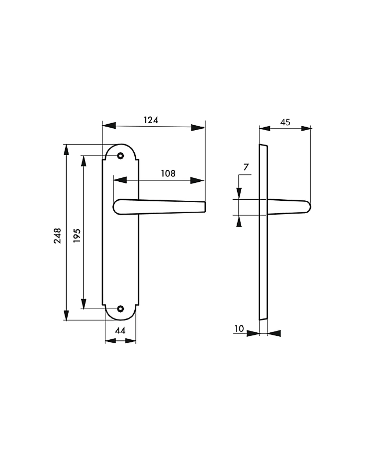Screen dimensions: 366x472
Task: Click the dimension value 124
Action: [151, 120]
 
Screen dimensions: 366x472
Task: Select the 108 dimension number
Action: [168, 173]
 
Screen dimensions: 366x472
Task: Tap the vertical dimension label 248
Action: [57, 236]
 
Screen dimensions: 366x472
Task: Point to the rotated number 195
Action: [77, 236]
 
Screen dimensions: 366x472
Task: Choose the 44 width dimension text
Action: [120, 331]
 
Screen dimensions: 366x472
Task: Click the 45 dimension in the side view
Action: [285, 122]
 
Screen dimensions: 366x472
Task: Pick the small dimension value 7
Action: [246, 167]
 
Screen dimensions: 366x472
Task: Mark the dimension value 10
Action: [239, 329]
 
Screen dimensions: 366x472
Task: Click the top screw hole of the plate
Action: [120, 156]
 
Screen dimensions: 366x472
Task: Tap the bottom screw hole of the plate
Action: [120, 309]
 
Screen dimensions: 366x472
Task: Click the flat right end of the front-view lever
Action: [205, 207]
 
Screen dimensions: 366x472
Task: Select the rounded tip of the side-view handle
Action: [309, 207]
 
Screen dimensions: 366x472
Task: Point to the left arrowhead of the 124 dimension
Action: [109, 125]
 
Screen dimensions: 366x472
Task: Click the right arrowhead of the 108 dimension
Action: [197, 181]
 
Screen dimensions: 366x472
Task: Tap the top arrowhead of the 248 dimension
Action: [66, 150]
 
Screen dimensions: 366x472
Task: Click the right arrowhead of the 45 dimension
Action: [306, 129]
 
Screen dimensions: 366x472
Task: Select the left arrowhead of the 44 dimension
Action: [111, 341]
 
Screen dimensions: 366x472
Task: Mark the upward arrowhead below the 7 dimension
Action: [239, 222]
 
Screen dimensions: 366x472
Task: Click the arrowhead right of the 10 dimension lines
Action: [274, 333]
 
